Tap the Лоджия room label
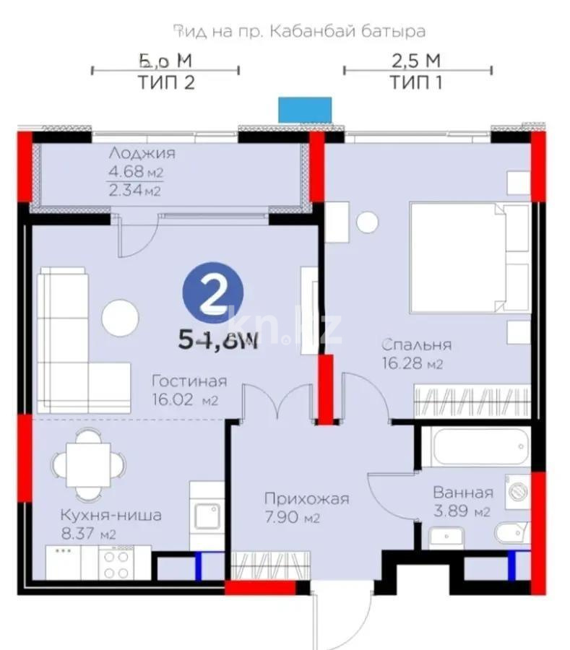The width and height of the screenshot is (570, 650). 142,153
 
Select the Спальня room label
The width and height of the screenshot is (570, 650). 418,344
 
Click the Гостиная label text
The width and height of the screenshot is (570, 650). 189,381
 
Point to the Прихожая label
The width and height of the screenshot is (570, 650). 306,499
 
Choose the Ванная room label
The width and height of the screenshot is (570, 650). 463,493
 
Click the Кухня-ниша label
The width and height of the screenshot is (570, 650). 111,516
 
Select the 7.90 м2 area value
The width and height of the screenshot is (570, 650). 292,518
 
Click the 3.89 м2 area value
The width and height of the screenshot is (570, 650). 462,512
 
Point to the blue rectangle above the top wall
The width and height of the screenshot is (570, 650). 305,109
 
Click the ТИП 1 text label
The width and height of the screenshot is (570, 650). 416,82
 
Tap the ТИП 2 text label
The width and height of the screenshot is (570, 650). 165,82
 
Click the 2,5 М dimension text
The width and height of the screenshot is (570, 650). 416,59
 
